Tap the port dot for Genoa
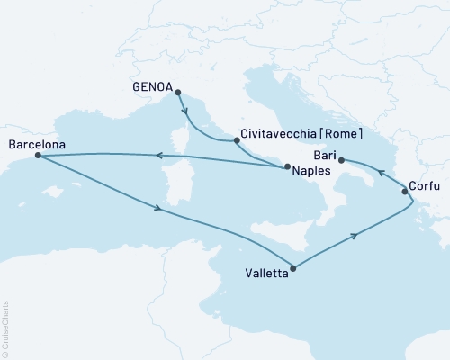tap(178, 92)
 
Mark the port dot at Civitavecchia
tap(236, 139)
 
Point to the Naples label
tap(311, 170)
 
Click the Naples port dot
tap(287, 166)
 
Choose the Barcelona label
tap(35, 143)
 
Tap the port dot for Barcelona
tap(38, 156)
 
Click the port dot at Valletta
tap(296, 266)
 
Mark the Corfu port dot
tap(405, 191)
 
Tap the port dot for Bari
tap(341, 160)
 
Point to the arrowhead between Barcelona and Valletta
tap(159, 210)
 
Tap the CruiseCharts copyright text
tap(5, 328)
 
